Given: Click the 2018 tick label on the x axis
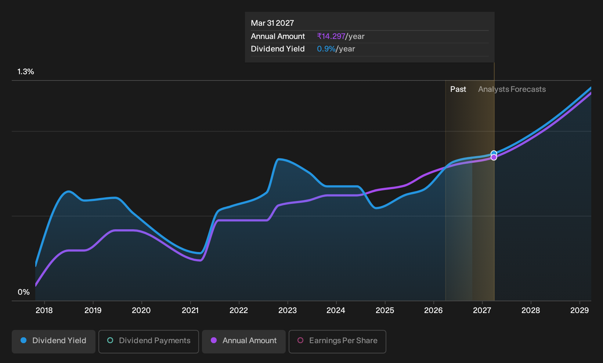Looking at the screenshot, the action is click(44, 310).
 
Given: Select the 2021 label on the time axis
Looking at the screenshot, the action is click(190, 310).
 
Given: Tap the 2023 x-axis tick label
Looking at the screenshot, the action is click(288, 310).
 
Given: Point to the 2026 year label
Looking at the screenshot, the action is click(433, 310).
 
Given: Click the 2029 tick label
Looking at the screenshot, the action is click(579, 310).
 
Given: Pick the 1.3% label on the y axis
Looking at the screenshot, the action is click(26, 72).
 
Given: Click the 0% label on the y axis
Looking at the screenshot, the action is click(24, 292).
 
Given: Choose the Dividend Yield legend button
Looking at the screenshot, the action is click(54, 341).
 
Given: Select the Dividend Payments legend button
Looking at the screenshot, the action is click(149, 341).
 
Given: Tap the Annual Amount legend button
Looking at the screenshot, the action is click(243, 341).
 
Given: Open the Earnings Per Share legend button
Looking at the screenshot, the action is click(337, 341).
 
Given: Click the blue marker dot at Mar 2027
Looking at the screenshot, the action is click(494, 154).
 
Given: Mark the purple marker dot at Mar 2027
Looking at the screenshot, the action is click(494, 157).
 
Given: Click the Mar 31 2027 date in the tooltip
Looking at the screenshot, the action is click(272, 23).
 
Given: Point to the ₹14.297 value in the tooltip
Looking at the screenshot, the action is click(331, 36).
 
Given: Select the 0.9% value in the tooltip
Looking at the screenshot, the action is click(326, 49).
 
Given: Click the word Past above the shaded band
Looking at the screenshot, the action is click(458, 89).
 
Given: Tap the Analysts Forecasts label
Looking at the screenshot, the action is click(512, 89).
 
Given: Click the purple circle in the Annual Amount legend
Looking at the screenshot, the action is click(214, 340).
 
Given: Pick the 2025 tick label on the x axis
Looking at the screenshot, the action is click(385, 310).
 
